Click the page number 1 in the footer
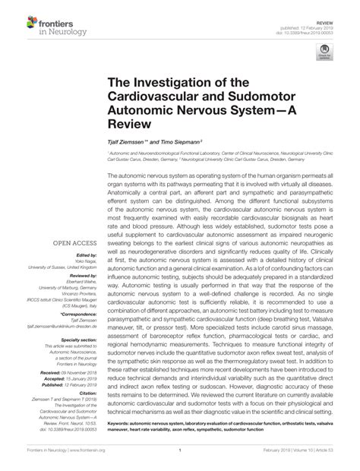tap(180, 450)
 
